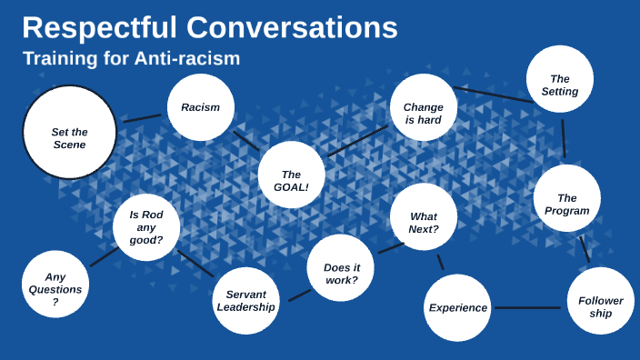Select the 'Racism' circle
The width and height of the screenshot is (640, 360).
pos(201,107)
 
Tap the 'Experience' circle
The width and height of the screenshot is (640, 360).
pos(457,307)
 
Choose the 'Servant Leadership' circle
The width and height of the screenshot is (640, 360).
pos(245,301)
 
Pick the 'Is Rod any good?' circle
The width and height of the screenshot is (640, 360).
pos(146,227)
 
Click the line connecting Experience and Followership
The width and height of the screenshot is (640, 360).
pos(528,307)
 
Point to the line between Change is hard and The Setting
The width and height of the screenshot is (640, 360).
pos(491,95)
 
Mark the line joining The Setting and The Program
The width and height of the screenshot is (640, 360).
pos(564,138)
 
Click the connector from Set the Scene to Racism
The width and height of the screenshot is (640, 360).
pos(142,117)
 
